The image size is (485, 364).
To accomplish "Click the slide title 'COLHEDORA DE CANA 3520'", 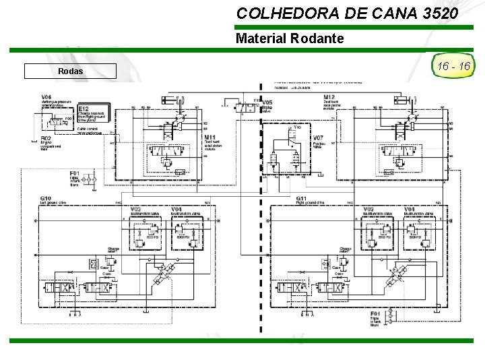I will click(x=348, y=13).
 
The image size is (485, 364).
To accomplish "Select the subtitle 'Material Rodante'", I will click(x=290, y=38).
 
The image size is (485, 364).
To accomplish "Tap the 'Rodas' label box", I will click(x=70, y=71).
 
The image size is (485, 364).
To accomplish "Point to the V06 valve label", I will click(x=46, y=96).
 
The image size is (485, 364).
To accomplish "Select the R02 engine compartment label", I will click(x=46, y=138).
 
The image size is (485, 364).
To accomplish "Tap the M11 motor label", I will click(x=210, y=137).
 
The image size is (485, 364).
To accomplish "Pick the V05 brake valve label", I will click(x=267, y=102).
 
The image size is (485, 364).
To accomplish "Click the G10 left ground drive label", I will click(x=46, y=198).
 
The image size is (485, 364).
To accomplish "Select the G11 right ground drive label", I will click(x=301, y=198).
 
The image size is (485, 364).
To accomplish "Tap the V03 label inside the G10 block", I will click(x=135, y=209).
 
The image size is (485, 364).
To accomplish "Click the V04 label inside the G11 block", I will click(x=410, y=209).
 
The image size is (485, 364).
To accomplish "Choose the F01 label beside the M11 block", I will click(x=74, y=173).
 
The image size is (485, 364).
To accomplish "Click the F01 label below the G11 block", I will click(x=375, y=313).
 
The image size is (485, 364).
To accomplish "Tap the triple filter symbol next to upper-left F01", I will click(x=92, y=179).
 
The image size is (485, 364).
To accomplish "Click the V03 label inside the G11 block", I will click(x=368, y=209).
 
